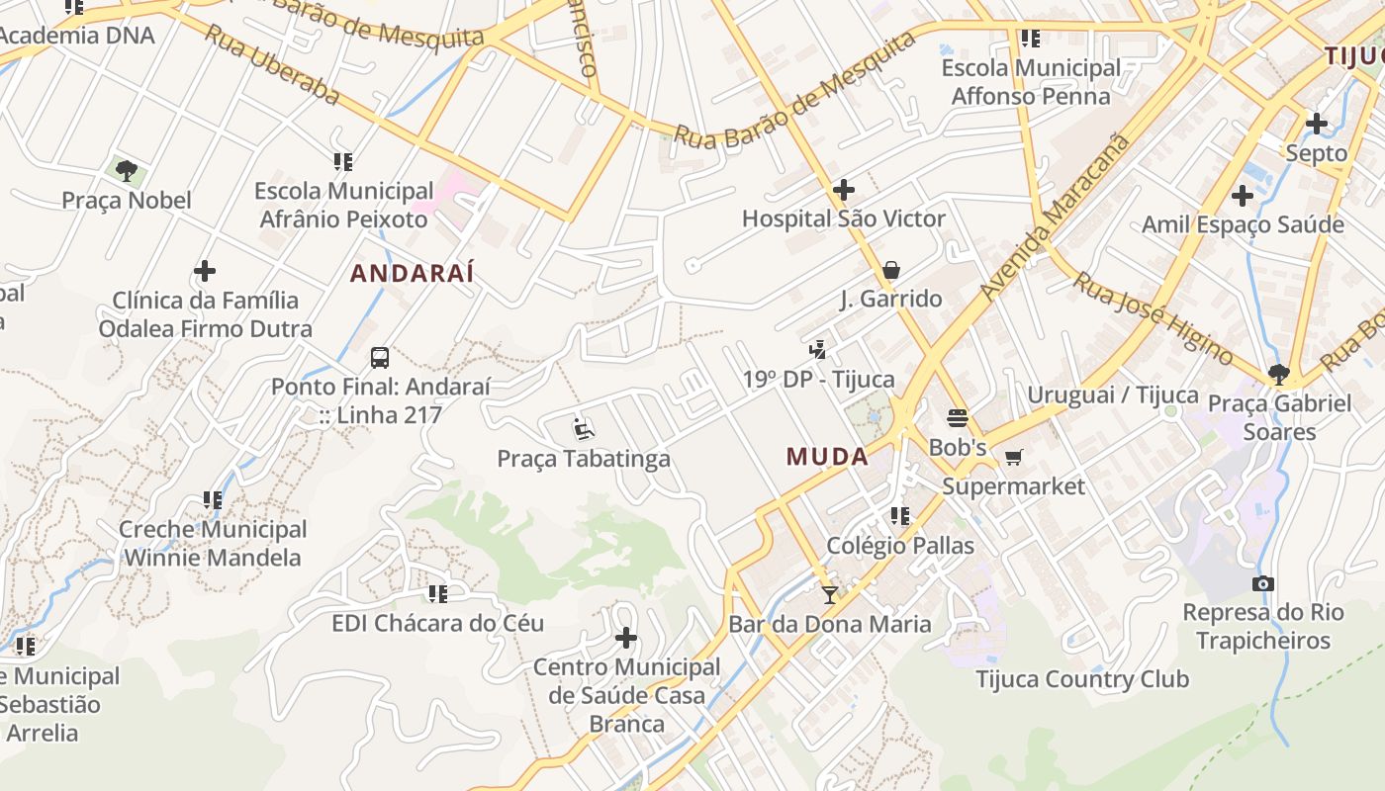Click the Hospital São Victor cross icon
click(x=844, y=189)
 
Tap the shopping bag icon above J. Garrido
click(x=890, y=270)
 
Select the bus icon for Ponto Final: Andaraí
click(x=380, y=358)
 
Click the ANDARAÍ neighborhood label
click(x=413, y=273)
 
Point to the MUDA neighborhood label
click(x=827, y=457)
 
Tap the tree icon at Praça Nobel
click(x=127, y=171)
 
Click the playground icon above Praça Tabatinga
click(x=584, y=429)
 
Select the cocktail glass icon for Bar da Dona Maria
click(x=829, y=594)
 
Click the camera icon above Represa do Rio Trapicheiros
click(x=1263, y=583)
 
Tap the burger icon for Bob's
click(x=958, y=417)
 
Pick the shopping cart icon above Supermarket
click(x=1013, y=457)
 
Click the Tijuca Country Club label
click(x=1082, y=679)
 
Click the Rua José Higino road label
click(x=1154, y=318)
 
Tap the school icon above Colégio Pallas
click(x=899, y=515)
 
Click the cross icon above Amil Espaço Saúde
click(x=1243, y=196)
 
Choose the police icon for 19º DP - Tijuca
click(x=817, y=349)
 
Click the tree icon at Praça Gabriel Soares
click(x=1278, y=374)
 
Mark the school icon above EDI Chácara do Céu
click(x=437, y=593)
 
